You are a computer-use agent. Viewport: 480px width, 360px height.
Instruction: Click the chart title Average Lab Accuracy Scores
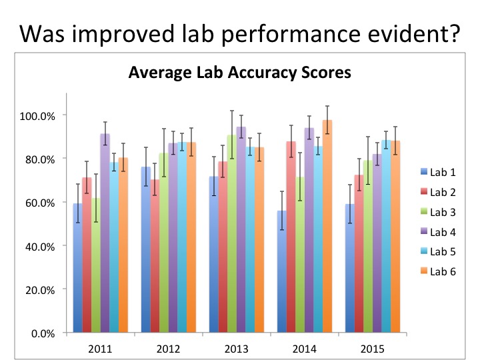239,73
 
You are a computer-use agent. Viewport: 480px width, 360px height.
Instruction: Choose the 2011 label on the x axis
99,347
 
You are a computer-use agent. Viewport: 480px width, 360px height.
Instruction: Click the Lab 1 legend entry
438,173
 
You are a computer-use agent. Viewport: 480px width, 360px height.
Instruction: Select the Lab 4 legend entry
438,233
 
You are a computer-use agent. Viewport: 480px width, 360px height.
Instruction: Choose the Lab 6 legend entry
438,273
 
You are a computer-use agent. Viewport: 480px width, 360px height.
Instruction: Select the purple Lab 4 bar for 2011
105,233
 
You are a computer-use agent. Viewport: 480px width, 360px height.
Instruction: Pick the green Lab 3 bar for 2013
231,233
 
